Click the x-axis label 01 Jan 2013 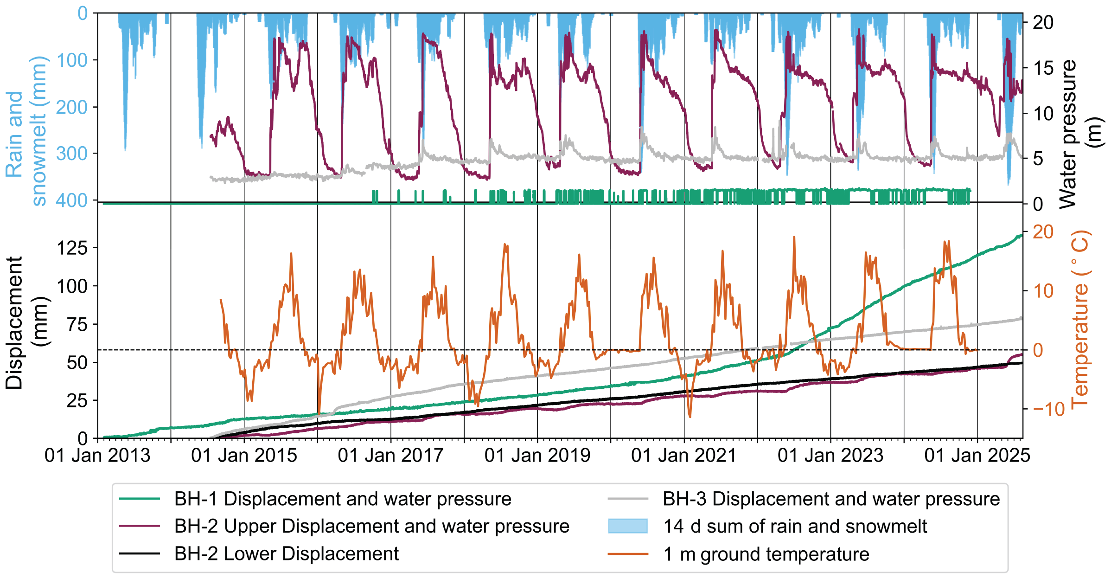(x=97, y=456)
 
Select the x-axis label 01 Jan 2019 (x=537, y=456)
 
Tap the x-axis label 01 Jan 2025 (x=977, y=456)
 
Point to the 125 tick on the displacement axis (x=72, y=248)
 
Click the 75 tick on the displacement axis (x=77, y=324)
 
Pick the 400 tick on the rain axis (x=72, y=200)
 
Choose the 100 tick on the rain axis (x=72, y=60)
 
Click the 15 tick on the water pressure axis (x=1043, y=68)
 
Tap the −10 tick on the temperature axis (x=1049, y=409)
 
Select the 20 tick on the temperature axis (x=1043, y=232)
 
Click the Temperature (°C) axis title (x=1080, y=319)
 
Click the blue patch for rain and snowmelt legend (x=628, y=526)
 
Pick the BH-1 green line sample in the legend (x=139, y=499)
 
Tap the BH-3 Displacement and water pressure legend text (x=831, y=499)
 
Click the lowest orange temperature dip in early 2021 (x=690, y=417)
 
